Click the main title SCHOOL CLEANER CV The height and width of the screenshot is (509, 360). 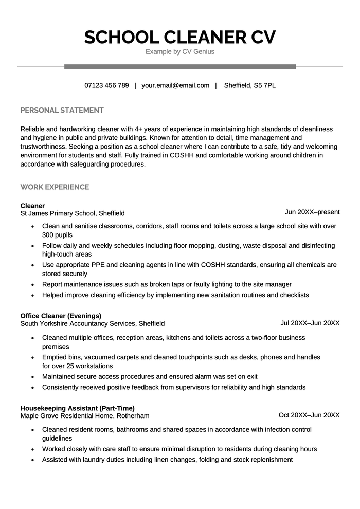(x=180, y=37)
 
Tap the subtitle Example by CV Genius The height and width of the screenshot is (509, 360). (x=180, y=52)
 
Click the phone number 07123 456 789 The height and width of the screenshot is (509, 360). (x=106, y=85)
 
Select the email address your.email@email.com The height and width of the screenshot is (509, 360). (x=175, y=85)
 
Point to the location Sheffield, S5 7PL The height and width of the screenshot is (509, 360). (x=250, y=85)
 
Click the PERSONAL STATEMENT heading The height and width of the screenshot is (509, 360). (x=62, y=110)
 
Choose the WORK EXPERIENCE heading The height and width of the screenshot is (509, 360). (x=55, y=187)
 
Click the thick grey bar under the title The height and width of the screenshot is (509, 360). (x=180, y=66)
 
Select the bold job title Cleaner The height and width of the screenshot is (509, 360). (x=32, y=206)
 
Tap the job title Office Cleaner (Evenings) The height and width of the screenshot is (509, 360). (x=61, y=316)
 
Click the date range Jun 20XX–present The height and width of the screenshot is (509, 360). (x=312, y=212)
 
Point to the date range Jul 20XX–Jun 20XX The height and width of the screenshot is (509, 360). (x=310, y=323)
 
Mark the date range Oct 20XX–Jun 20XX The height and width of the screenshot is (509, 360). (x=309, y=415)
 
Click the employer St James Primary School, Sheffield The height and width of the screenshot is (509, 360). (x=73, y=213)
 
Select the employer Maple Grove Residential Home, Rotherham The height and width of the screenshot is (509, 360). (x=85, y=415)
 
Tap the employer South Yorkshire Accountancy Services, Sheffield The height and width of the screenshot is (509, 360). (x=93, y=323)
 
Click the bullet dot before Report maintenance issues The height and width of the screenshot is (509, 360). (x=33, y=284)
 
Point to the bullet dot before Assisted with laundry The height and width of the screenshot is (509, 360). (x=33, y=460)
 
